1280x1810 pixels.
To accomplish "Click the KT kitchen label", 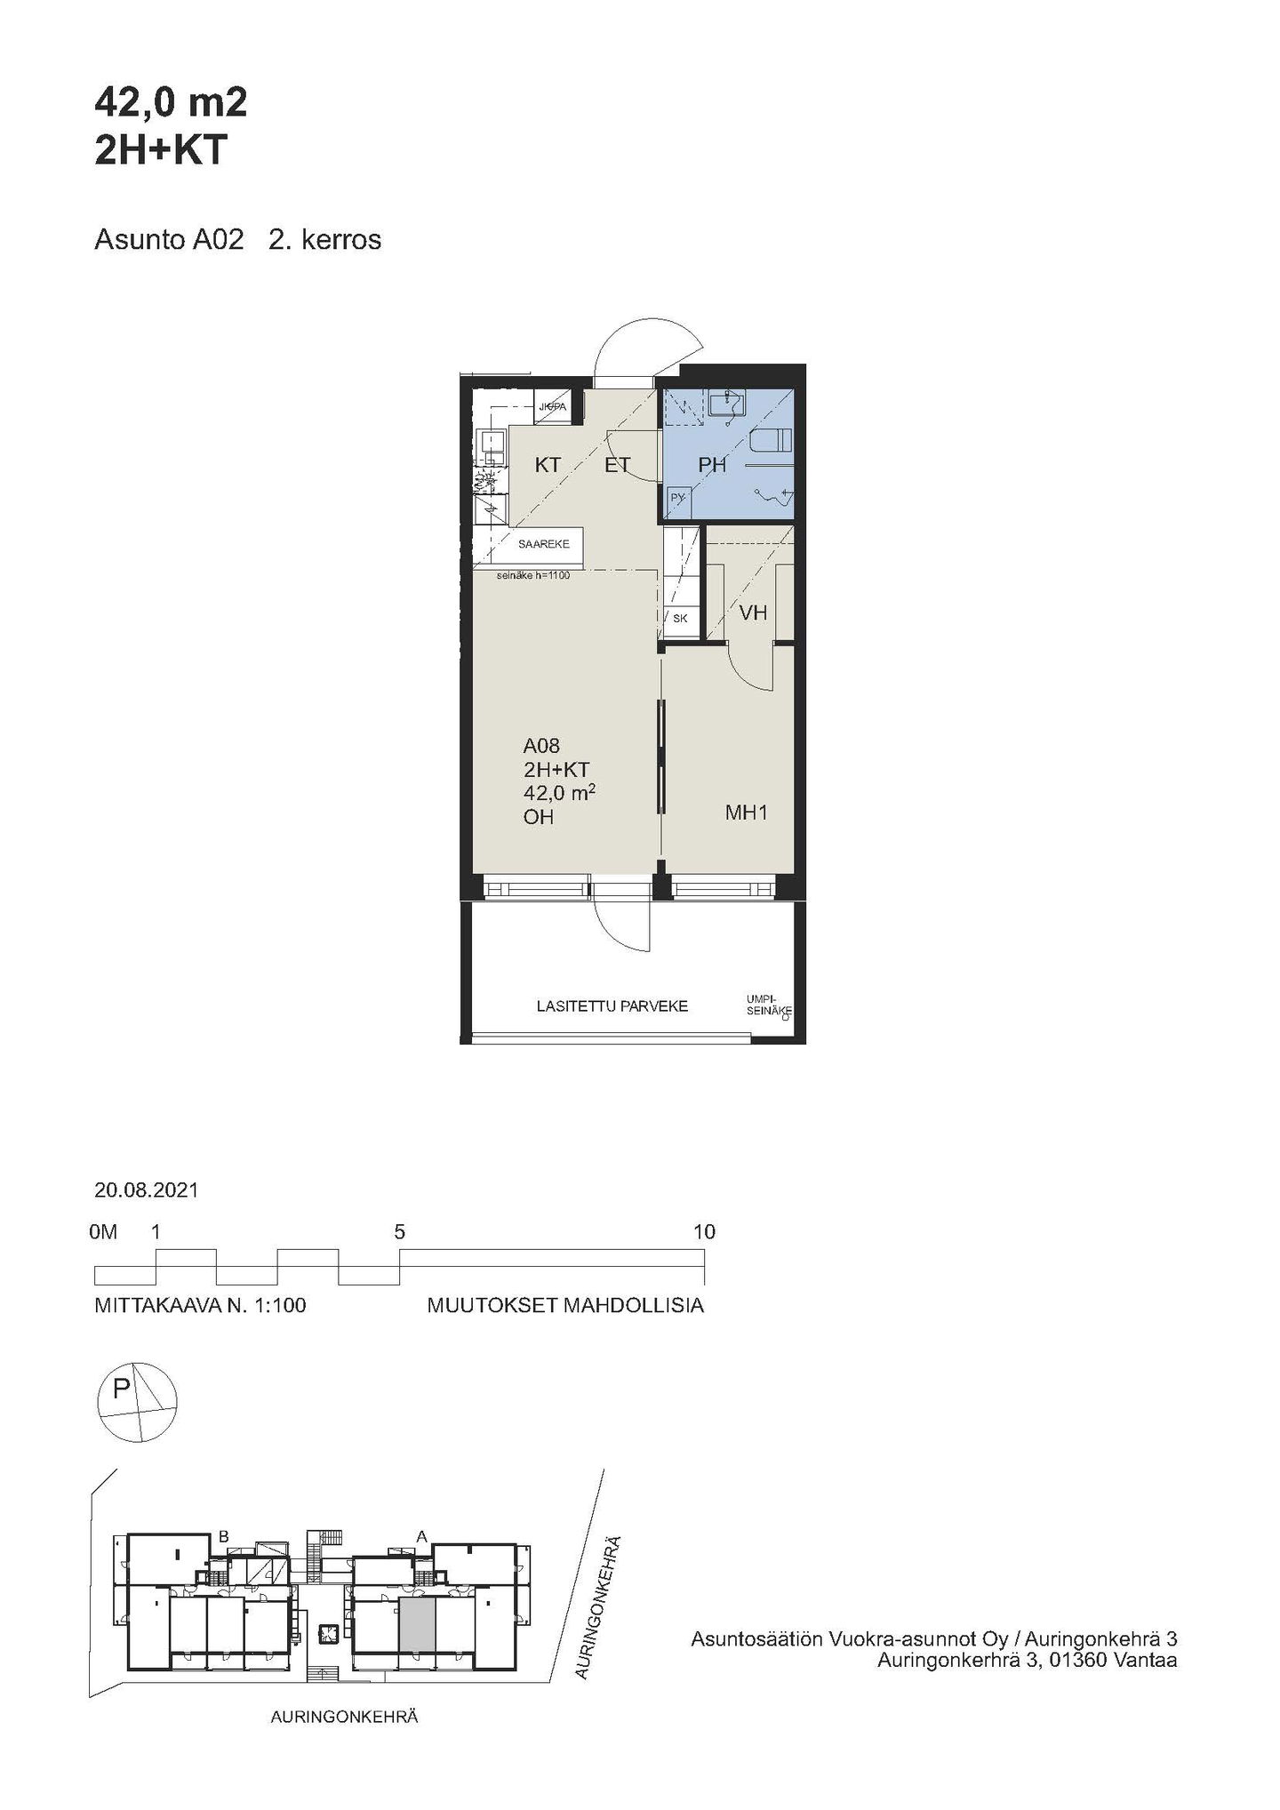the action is [548, 464].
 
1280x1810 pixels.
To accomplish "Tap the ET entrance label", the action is [617, 464].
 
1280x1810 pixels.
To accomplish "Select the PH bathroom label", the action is [712, 464].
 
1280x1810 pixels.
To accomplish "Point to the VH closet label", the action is [753, 613].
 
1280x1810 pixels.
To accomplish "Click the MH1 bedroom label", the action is [747, 812].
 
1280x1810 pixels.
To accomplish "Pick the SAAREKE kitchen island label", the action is [544, 543].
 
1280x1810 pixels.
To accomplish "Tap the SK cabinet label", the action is [680, 619].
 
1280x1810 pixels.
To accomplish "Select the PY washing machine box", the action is [677, 499].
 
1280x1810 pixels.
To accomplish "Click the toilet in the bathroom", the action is [770, 440].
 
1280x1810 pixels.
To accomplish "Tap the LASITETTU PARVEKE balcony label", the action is [612, 1006].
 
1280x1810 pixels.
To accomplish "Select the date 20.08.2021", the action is [147, 1190].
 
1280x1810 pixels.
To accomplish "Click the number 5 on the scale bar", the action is [400, 1231].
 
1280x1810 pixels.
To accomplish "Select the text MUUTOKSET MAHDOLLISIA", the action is [565, 1306].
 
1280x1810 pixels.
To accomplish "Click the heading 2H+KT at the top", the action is [162, 151].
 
